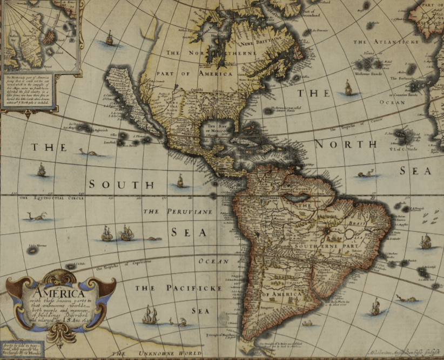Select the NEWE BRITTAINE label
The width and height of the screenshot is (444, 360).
click(256, 42)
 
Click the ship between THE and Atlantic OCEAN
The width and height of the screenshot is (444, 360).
click(348, 87)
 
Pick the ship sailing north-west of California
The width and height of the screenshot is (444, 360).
click(110, 39)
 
